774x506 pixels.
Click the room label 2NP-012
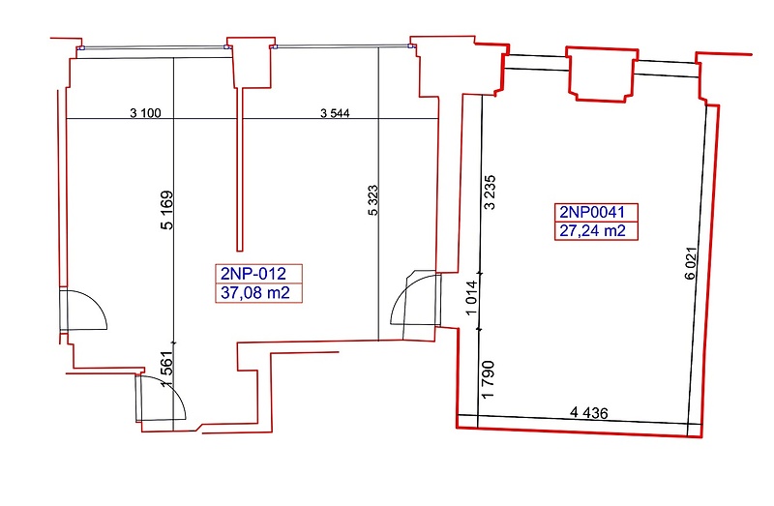[253, 274]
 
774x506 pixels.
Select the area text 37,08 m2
[255, 293]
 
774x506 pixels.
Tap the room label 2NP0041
[592, 212]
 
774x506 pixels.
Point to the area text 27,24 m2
[592, 230]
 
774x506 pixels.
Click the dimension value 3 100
[145, 113]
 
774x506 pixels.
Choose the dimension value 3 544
[335, 113]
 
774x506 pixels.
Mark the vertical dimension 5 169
[167, 210]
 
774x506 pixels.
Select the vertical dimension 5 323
[373, 200]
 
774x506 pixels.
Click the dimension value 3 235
[490, 192]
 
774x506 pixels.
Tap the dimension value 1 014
[472, 297]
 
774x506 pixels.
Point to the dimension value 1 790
[489, 379]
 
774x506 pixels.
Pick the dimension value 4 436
[589, 412]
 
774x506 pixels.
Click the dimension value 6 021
[691, 263]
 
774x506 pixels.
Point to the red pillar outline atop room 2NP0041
[602, 74]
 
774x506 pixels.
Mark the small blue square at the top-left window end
[82, 47]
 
